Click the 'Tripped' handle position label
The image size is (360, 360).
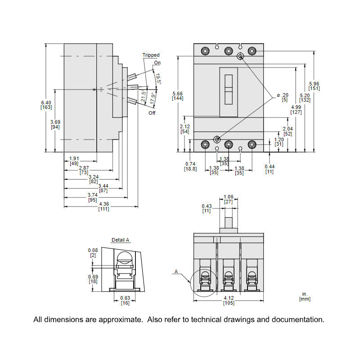151,55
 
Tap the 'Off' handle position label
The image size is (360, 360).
152,113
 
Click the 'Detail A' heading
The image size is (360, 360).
120,240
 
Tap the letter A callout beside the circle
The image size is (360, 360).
176,271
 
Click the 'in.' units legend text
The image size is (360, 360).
305,293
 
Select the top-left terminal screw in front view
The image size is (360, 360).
205,51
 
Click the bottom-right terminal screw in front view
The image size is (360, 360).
252,144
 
